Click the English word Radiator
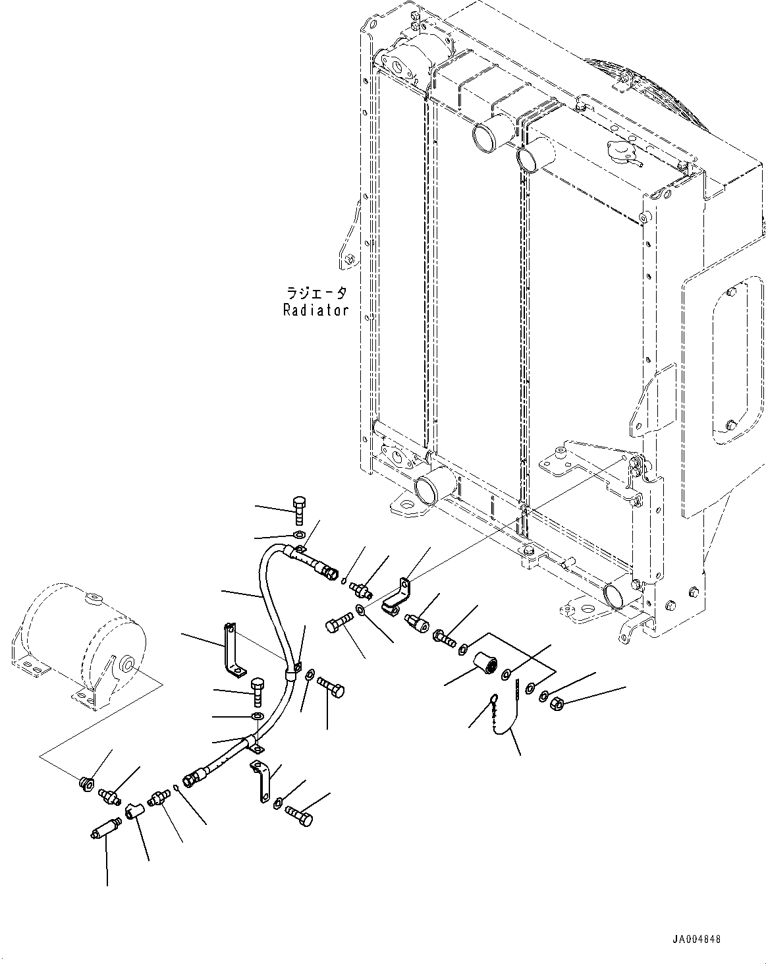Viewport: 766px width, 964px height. click(x=315, y=310)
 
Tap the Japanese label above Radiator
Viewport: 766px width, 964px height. click(x=315, y=293)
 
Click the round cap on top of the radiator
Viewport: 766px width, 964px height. click(x=620, y=154)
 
